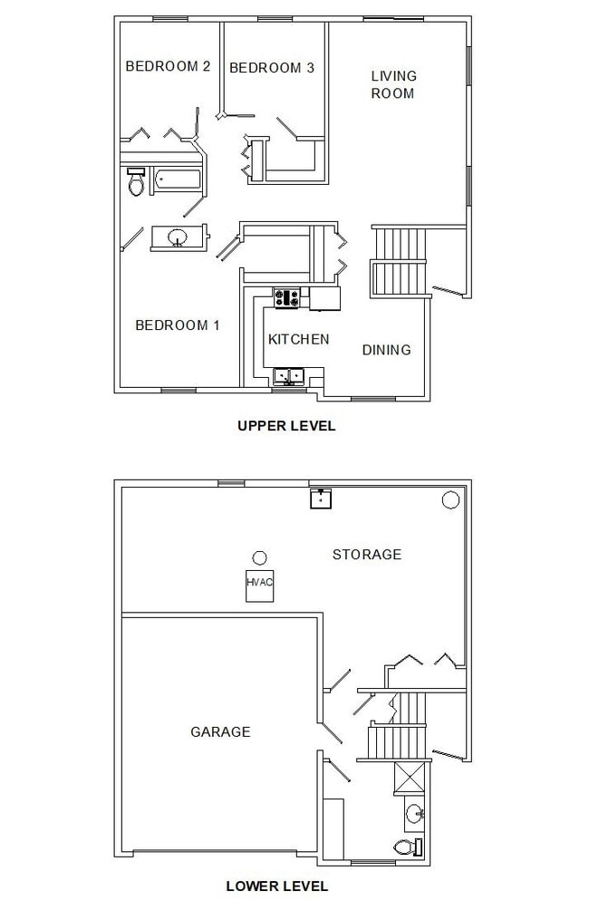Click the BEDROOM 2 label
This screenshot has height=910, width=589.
[x=168, y=66]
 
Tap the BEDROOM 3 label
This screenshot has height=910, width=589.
[x=272, y=67]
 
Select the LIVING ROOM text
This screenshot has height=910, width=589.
[x=393, y=84]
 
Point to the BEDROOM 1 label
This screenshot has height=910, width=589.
[x=178, y=325]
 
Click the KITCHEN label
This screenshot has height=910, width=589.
[x=298, y=339]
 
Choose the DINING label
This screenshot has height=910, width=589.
[x=386, y=350]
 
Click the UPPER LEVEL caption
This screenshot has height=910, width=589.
[x=286, y=425]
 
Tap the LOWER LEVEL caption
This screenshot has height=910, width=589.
[x=277, y=886]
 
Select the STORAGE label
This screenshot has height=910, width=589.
[x=366, y=554]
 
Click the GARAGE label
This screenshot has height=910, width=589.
[x=220, y=731]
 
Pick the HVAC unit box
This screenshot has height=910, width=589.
[x=259, y=583]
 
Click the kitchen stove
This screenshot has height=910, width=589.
[x=287, y=298]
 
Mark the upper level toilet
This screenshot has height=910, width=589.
[x=136, y=184]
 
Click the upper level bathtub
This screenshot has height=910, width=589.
[x=178, y=179]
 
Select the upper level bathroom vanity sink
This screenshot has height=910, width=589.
[x=178, y=237]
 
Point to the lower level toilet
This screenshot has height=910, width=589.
[x=408, y=847]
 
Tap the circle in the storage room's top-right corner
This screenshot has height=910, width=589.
[x=450, y=499]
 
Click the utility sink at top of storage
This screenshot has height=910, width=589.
[x=321, y=498]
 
